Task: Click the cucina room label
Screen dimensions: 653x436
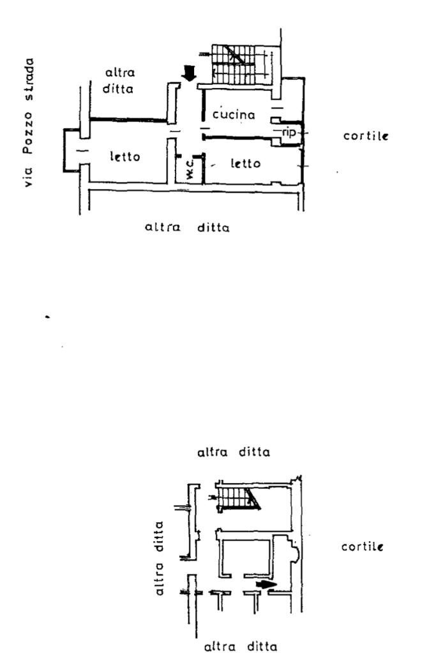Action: point(234,115)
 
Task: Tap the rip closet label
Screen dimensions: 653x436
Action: point(289,132)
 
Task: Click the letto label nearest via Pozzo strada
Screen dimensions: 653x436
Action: point(124,156)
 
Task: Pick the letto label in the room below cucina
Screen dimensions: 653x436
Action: point(245,164)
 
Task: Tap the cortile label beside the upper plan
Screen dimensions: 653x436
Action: point(366,136)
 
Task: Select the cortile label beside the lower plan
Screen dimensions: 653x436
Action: point(362,547)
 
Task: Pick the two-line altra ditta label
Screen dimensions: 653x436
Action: point(118,80)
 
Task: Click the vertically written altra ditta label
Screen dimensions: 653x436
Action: point(160,559)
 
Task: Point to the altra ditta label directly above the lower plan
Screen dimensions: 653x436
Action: point(234,452)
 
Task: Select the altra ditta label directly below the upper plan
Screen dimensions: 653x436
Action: point(187,227)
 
